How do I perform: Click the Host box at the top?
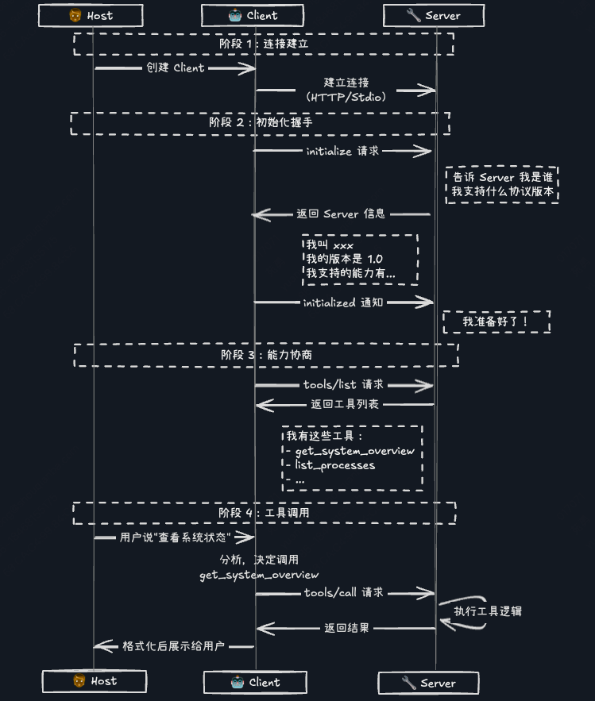tap(91, 15)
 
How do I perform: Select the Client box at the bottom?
tap(255, 682)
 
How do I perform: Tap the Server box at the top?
tap(433, 15)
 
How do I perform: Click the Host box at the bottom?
tap(94, 681)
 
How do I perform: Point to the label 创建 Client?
tap(175, 68)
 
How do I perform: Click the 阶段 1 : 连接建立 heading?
tap(264, 44)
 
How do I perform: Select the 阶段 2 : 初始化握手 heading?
tap(261, 123)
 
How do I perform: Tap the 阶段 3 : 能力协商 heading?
tap(266, 355)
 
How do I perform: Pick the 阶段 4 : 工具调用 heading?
tap(264, 513)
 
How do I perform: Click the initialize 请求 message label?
tap(343, 151)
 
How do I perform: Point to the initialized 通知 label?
tap(342, 302)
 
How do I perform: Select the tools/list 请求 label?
tap(343, 384)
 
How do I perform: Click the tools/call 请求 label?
tap(343, 592)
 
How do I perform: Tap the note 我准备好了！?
tap(496, 322)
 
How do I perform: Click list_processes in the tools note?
tap(334, 465)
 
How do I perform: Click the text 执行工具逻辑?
tap(488, 611)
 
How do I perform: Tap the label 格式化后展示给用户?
tap(175, 646)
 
